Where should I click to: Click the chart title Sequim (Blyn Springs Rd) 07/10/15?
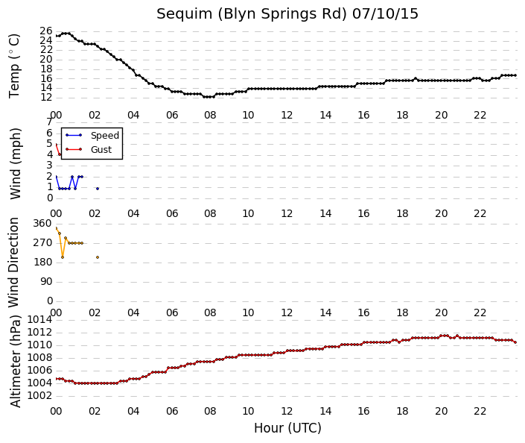[x=287, y=13]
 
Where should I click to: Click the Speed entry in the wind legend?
[x=105, y=135]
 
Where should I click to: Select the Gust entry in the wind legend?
[x=101, y=149]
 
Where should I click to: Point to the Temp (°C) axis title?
[x=14, y=66]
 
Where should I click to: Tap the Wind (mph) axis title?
[x=15, y=163]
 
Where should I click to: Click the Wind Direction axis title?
[x=13, y=263]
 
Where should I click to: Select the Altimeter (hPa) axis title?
[x=15, y=361]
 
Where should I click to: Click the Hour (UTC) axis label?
[x=287, y=428]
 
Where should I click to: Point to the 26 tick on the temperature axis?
[x=46, y=31]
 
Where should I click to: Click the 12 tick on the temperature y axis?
[x=46, y=98]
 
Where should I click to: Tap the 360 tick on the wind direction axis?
[x=42, y=223]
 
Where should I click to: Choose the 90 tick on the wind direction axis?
[x=46, y=281]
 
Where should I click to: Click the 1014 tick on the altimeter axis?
[x=39, y=320]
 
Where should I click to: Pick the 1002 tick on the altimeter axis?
[x=39, y=396]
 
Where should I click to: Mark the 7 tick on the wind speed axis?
[x=49, y=122]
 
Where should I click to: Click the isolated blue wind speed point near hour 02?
[x=98, y=189]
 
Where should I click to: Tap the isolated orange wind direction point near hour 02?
[x=98, y=257]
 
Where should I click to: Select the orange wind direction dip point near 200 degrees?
[x=63, y=257]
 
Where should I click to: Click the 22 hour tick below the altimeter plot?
[x=480, y=411]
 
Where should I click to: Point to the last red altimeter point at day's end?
[x=515, y=342]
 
